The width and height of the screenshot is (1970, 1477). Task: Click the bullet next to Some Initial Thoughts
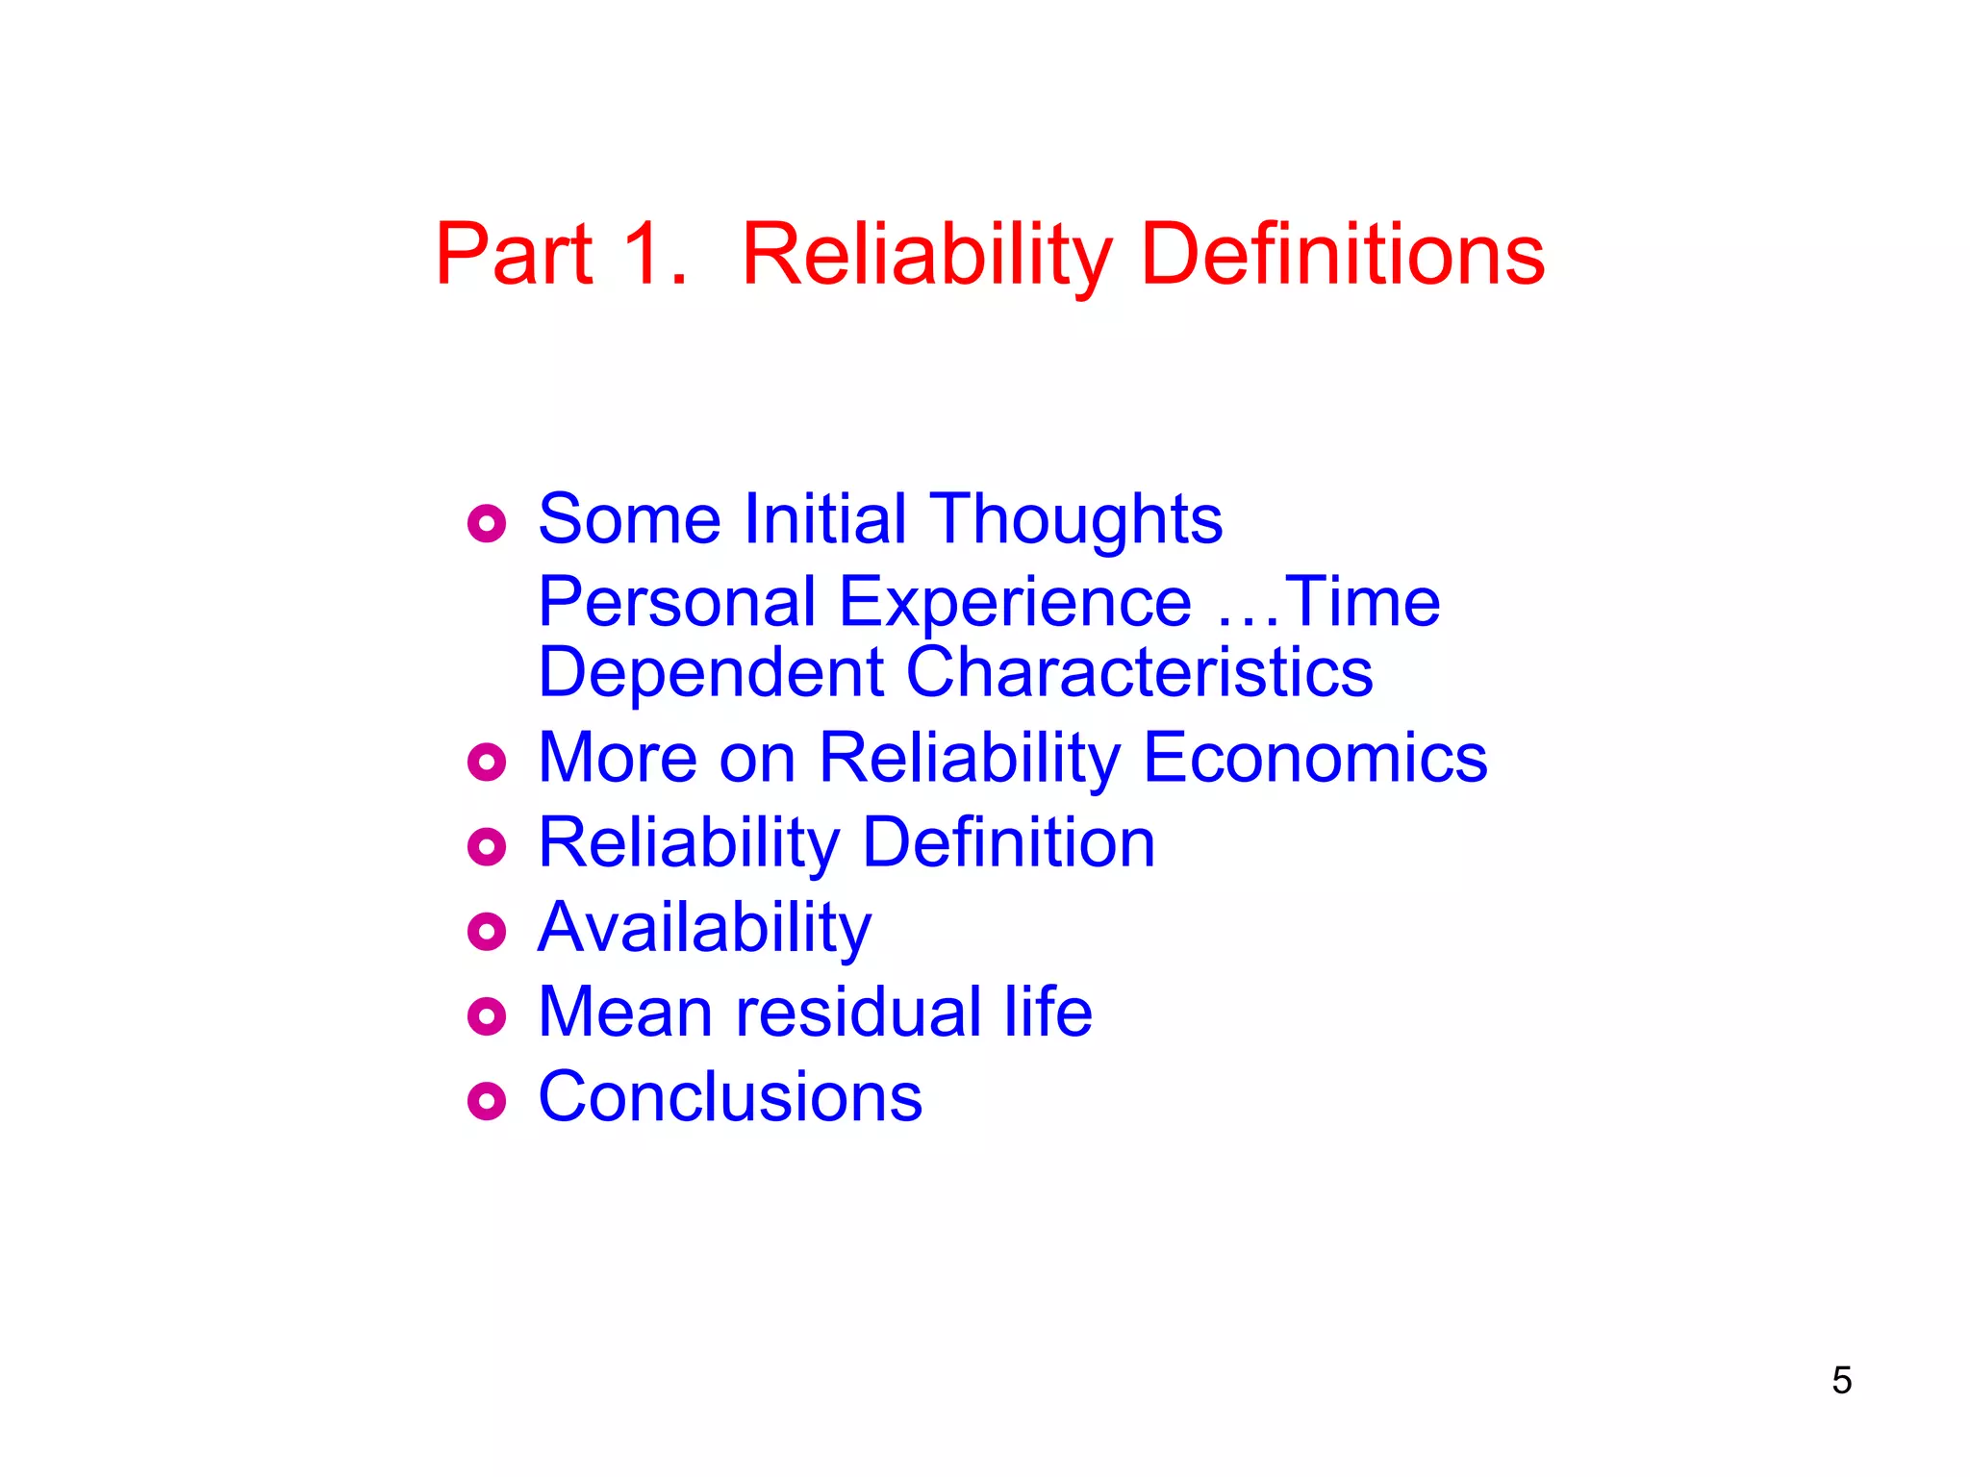coord(487,523)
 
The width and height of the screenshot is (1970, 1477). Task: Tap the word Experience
coord(1016,604)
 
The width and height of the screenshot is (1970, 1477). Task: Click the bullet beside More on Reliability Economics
coord(487,763)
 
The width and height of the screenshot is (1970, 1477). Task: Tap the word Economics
coord(1315,758)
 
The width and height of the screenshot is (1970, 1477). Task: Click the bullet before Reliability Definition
coord(487,847)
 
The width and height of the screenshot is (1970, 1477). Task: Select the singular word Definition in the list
coord(1008,842)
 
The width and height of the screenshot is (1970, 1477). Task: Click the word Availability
coord(705,929)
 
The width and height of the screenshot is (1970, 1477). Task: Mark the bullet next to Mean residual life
coord(487,1016)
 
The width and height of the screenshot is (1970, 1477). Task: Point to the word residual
coord(859,1012)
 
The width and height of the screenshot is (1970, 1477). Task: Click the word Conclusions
coord(730,1096)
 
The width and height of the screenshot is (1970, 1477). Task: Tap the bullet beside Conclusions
coord(487,1101)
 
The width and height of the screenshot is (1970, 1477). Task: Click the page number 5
coord(1841,1381)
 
